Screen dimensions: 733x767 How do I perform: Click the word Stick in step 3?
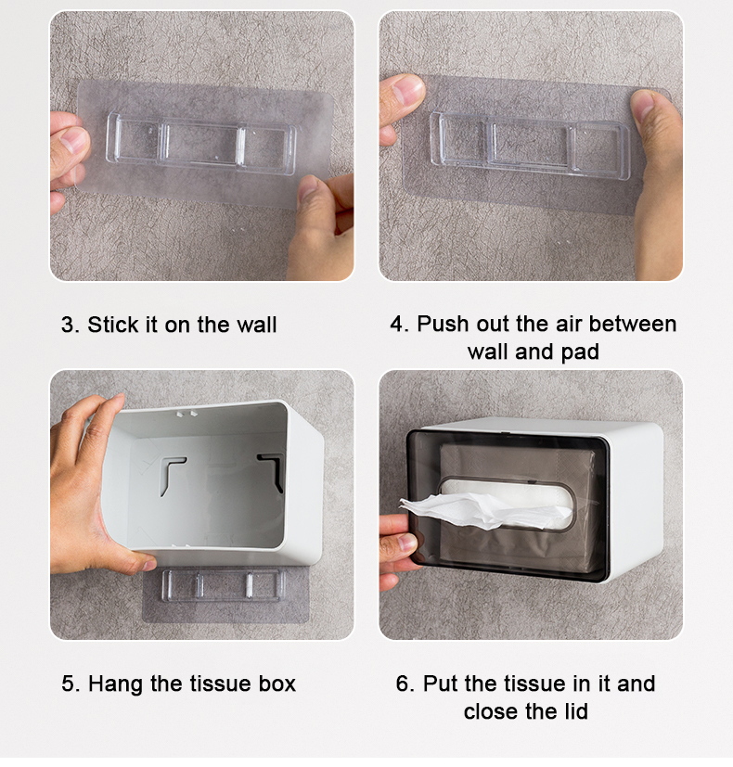[x=113, y=325]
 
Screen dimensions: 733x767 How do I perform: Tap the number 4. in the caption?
[x=399, y=324]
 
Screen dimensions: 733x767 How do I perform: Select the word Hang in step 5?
[x=117, y=684]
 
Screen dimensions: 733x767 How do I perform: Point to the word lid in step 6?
[x=574, y=711]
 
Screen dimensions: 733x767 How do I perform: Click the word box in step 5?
[x=277, y=684]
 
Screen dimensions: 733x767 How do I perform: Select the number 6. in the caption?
[x=405, y=684]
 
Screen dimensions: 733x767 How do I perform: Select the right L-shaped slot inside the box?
[x=272, y=470]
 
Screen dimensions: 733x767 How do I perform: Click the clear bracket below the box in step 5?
[x=223, y=584]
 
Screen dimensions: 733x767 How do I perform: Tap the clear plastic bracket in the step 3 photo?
[x=201, y=144]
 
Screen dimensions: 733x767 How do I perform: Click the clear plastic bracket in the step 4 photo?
[x=530, y=146]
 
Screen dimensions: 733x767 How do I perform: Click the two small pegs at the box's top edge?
[x=186, y=415]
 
